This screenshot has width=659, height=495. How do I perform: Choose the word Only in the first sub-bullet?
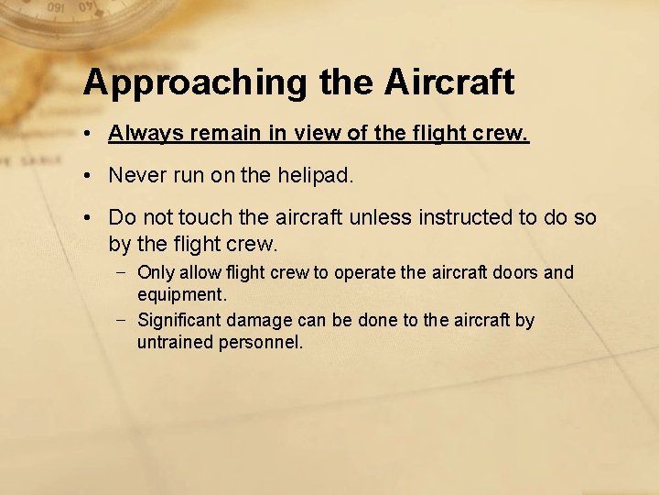pos(154,272)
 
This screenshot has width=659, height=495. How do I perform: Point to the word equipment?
pos(180,295)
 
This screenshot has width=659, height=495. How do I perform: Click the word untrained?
pos(175,343)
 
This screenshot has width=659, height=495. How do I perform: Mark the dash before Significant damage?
pos(122,319)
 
